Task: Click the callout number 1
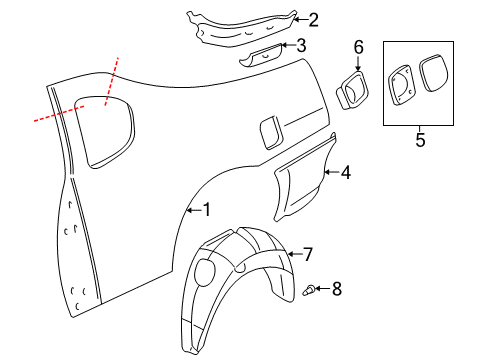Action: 207,210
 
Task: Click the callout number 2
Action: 313,19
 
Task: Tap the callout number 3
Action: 300,46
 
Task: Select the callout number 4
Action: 345,173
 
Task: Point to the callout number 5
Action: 419,140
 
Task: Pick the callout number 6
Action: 358,47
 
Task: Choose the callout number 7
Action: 307,253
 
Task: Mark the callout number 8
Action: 336,289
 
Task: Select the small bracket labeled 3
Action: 262,54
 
